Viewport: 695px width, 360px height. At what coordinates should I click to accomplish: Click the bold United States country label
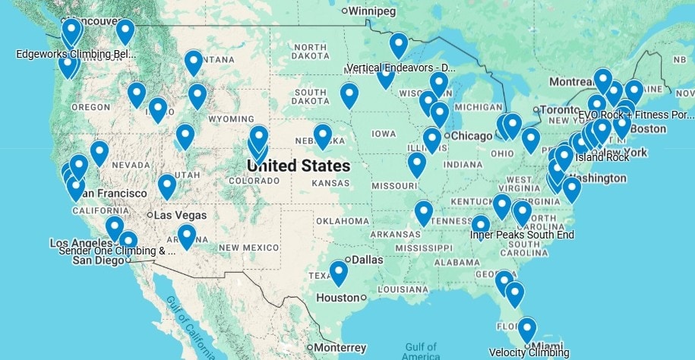pyautogui.click(x=299, y=166)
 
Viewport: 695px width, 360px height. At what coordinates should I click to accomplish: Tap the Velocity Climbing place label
pyautogui.click(x=529, y=352)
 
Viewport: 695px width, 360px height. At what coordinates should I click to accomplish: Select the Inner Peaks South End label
pyautogui.click(x=522, y=235)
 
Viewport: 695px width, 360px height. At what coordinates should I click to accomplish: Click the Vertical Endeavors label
pyautogui.click(x=401, y=68)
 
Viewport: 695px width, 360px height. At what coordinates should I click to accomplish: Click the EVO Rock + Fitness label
pyautogui.click(x=636, y=115)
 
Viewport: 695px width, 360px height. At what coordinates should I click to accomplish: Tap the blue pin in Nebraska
pyautogui.click(x=323, y=135)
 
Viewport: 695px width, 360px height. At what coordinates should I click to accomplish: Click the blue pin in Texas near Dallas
pyautogui.click(x=339, y=271)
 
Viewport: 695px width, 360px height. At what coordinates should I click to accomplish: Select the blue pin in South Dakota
pyautogui.click(x=349, y=94)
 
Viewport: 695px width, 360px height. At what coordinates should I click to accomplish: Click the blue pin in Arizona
pyautogui.click(x=186, y=235)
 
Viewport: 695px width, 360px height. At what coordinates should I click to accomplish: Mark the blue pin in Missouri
pyautogui.click(x=416, y=163)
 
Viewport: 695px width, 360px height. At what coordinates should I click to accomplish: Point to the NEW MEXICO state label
pyautogui.click(x=250, y=248)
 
